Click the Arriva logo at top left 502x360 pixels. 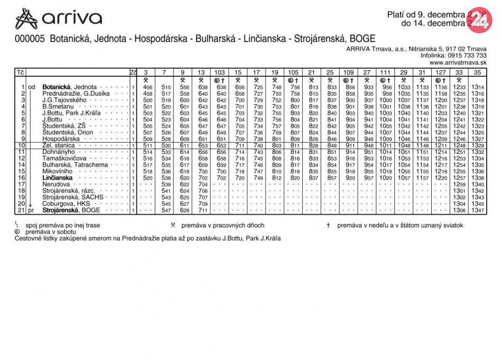point(58,19)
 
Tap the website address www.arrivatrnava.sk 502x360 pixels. point(458,62)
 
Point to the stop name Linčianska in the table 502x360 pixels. point(58,178)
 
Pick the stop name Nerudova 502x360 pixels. point(56,184)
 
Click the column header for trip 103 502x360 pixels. point(219,72)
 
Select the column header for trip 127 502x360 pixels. point(441,72)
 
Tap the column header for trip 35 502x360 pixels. point(478,72)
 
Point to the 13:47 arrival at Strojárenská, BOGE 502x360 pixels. point(478,210)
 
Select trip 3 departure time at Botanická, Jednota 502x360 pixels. point(148,87)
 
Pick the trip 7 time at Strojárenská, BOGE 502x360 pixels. point(166,210)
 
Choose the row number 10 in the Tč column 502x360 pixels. point(21,145)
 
